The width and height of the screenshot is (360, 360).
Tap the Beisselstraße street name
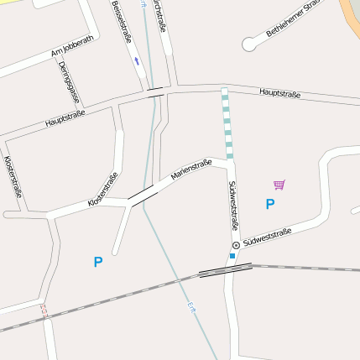122,22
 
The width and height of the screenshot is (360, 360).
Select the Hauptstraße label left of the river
68,117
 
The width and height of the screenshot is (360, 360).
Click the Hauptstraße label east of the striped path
279,93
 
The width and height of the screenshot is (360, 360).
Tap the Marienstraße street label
190,170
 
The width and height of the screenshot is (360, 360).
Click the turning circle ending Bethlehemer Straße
248,44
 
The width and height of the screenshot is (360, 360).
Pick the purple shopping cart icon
279,185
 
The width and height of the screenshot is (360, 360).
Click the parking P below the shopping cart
269,204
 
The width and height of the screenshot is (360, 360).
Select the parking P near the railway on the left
97,263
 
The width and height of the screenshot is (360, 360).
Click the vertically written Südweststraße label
233,205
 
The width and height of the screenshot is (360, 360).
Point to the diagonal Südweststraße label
268,237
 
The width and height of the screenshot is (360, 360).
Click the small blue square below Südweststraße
232,255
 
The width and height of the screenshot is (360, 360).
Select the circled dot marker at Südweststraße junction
236,245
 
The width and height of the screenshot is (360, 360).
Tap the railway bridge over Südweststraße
225,269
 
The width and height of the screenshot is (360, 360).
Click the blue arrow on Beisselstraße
136,61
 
